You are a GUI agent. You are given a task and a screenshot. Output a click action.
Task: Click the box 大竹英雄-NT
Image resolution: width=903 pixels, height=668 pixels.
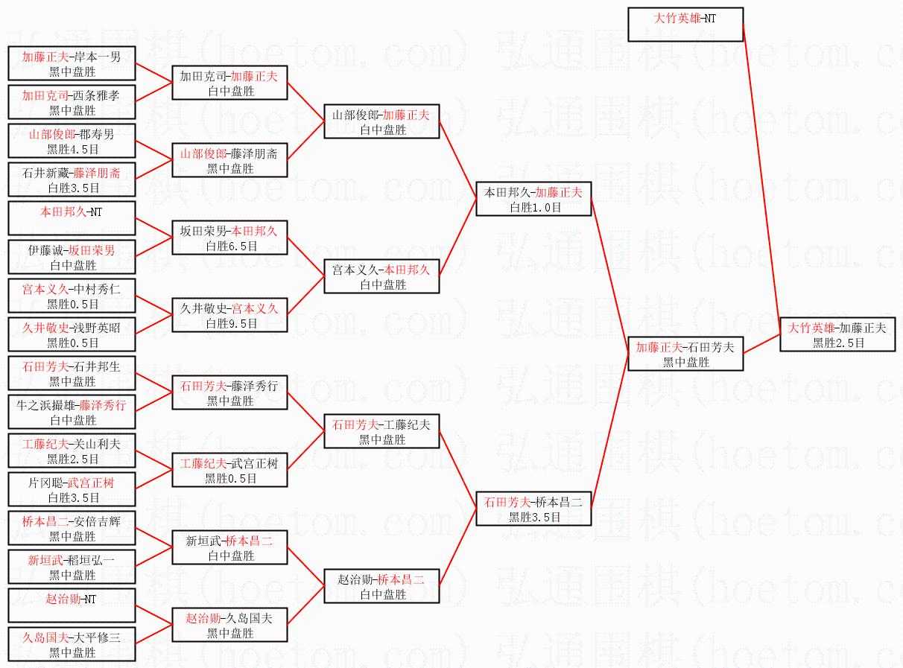(x=685, y=25)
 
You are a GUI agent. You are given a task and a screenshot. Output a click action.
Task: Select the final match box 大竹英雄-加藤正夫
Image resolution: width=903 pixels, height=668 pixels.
(x=837, y=334)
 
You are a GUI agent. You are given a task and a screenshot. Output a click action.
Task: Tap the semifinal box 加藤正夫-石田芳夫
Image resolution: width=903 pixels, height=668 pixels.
(x=685, y=354)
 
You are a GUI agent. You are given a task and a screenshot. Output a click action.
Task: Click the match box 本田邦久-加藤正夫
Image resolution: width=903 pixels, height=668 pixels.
(x=533, y=199)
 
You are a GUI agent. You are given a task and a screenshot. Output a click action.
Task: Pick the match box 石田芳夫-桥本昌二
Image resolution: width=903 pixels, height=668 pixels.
(x=533, y=509)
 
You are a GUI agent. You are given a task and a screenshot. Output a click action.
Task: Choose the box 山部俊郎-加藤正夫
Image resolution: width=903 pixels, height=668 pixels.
(x=381, y=121)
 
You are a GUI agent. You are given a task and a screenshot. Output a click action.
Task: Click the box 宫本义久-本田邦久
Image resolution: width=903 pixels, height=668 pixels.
(x=381, y=276)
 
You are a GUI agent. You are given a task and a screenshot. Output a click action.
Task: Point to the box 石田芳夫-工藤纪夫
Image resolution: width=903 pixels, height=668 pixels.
(x=381, y=431)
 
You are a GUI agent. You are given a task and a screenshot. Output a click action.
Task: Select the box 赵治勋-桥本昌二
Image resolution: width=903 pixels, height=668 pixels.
(x=381, y=586)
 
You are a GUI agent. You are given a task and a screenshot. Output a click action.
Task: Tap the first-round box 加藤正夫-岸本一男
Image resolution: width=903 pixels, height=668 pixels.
(x=72, y=63)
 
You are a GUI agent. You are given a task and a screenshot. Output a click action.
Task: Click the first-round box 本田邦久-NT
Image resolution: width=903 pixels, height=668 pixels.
(x=72, y=218)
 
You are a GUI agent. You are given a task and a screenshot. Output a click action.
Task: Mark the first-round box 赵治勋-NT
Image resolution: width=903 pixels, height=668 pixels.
(x=72, y=605)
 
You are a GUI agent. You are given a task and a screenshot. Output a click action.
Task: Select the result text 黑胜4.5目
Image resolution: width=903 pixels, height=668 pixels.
(x=72, y=150)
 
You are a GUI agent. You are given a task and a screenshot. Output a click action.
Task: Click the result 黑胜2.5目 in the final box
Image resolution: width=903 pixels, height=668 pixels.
(x=838, y=343)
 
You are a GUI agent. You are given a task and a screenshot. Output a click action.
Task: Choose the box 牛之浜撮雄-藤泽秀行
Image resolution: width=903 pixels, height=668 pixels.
(x=72, y=412)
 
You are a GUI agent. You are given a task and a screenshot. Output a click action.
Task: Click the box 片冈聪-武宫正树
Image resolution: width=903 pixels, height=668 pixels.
(x=72, y=489)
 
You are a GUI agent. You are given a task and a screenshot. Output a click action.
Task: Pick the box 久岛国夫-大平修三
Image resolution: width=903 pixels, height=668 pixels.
(x=72, y=644)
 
